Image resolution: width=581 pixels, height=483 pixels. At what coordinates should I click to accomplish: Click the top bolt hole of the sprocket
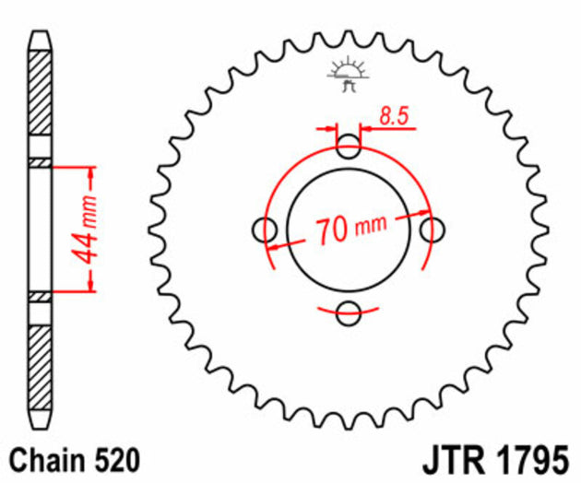click(349, 145)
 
